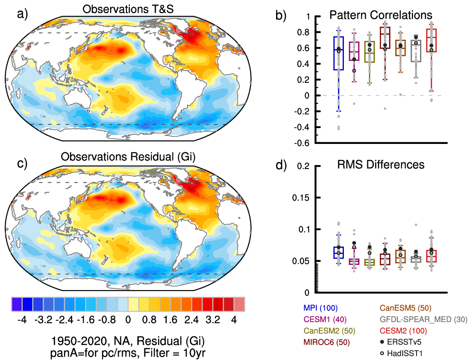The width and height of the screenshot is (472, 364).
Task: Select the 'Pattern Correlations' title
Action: click(381, 15)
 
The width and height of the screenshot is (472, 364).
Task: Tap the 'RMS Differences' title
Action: click(381, 165)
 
